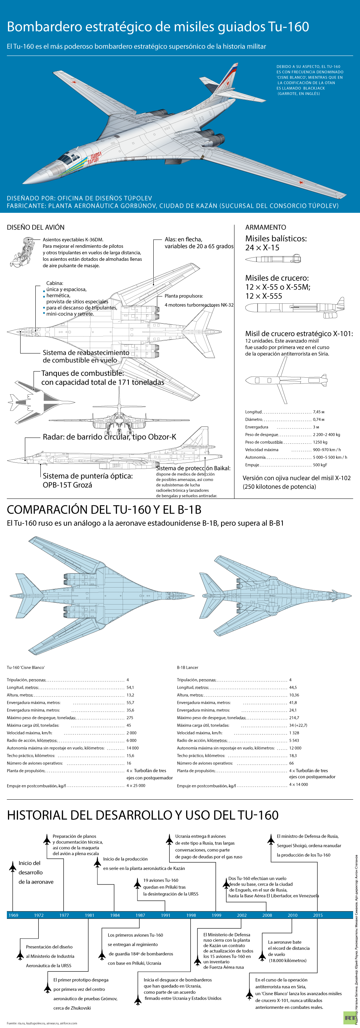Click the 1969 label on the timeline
point(13,915)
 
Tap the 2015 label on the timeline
point(318,915)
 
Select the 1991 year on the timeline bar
point(166,915)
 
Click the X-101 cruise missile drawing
point(286,380)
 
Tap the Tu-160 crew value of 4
point(128,680)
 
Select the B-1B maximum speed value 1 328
point(294,733)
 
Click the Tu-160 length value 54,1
point(130,687)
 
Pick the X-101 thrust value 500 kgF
point(320,465)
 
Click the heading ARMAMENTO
point(265,228)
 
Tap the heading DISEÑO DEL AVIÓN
point(35,228)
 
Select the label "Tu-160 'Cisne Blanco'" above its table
point(26,667)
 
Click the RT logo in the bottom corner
point(349,1018)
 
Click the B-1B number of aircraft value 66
point(291,763)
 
